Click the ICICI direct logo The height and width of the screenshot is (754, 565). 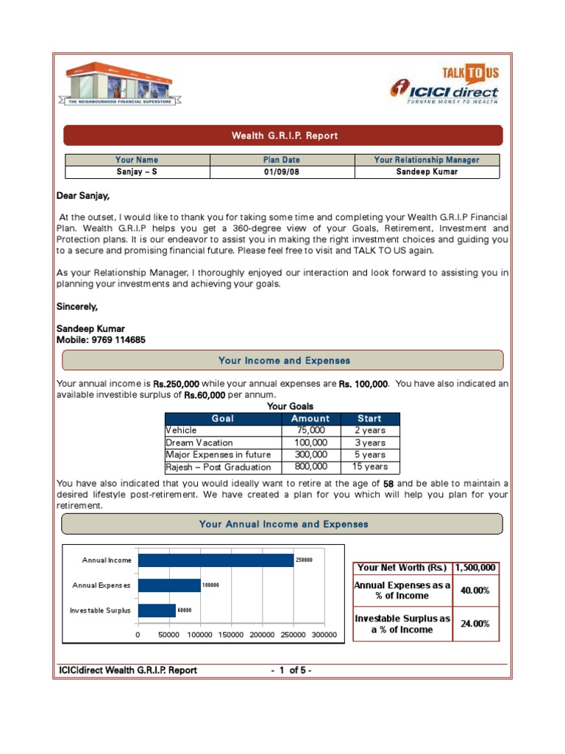(444, 93)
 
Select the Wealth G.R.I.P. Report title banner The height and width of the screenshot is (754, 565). (283, 135)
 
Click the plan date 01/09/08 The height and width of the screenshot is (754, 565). (282, 172)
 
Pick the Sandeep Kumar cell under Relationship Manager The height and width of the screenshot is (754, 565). (427, 172)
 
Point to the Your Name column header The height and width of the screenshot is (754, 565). (137, 160)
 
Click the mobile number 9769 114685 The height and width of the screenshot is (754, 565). (117, 340)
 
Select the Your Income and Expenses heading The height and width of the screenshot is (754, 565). (283, 361)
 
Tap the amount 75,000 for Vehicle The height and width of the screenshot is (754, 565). (311, 431)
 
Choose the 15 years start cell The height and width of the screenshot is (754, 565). (369, 467)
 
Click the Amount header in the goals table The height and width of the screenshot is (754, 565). (311, 418)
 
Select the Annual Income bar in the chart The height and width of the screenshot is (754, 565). (216, 560)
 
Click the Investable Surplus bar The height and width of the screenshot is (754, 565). (157, 610)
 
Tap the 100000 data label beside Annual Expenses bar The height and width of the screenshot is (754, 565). (211, 585)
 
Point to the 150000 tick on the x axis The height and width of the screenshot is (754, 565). (231, 635)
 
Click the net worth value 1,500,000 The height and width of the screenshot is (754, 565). (475, 568)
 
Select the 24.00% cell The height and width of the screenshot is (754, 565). (475, 624)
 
